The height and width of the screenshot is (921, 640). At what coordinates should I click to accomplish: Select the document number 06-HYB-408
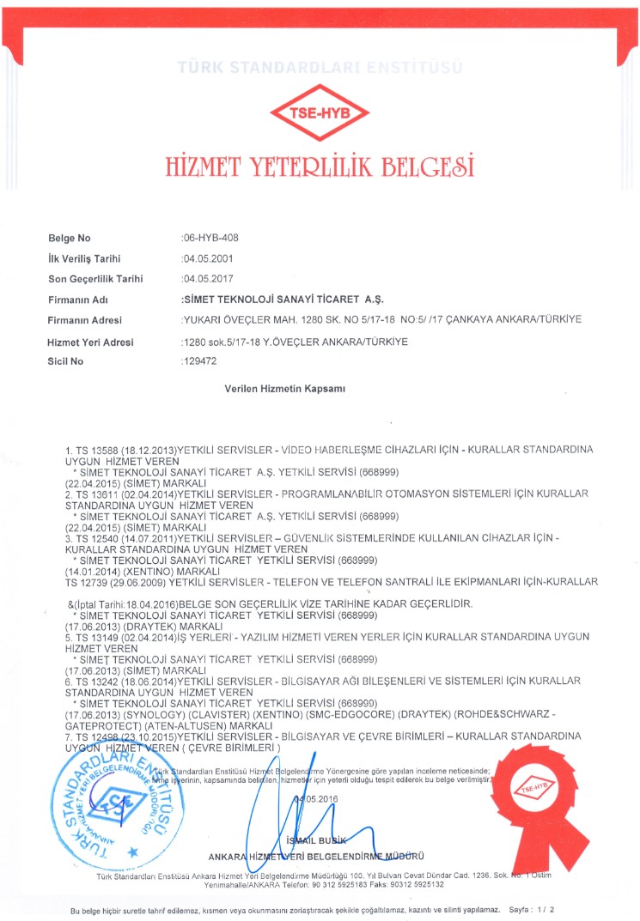[204, 238]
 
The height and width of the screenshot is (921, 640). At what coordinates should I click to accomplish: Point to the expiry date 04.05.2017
[206, 278]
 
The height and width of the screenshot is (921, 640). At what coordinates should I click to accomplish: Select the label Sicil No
[66, 361]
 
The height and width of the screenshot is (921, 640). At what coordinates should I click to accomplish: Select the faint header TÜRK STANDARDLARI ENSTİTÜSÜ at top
[320, 67]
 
